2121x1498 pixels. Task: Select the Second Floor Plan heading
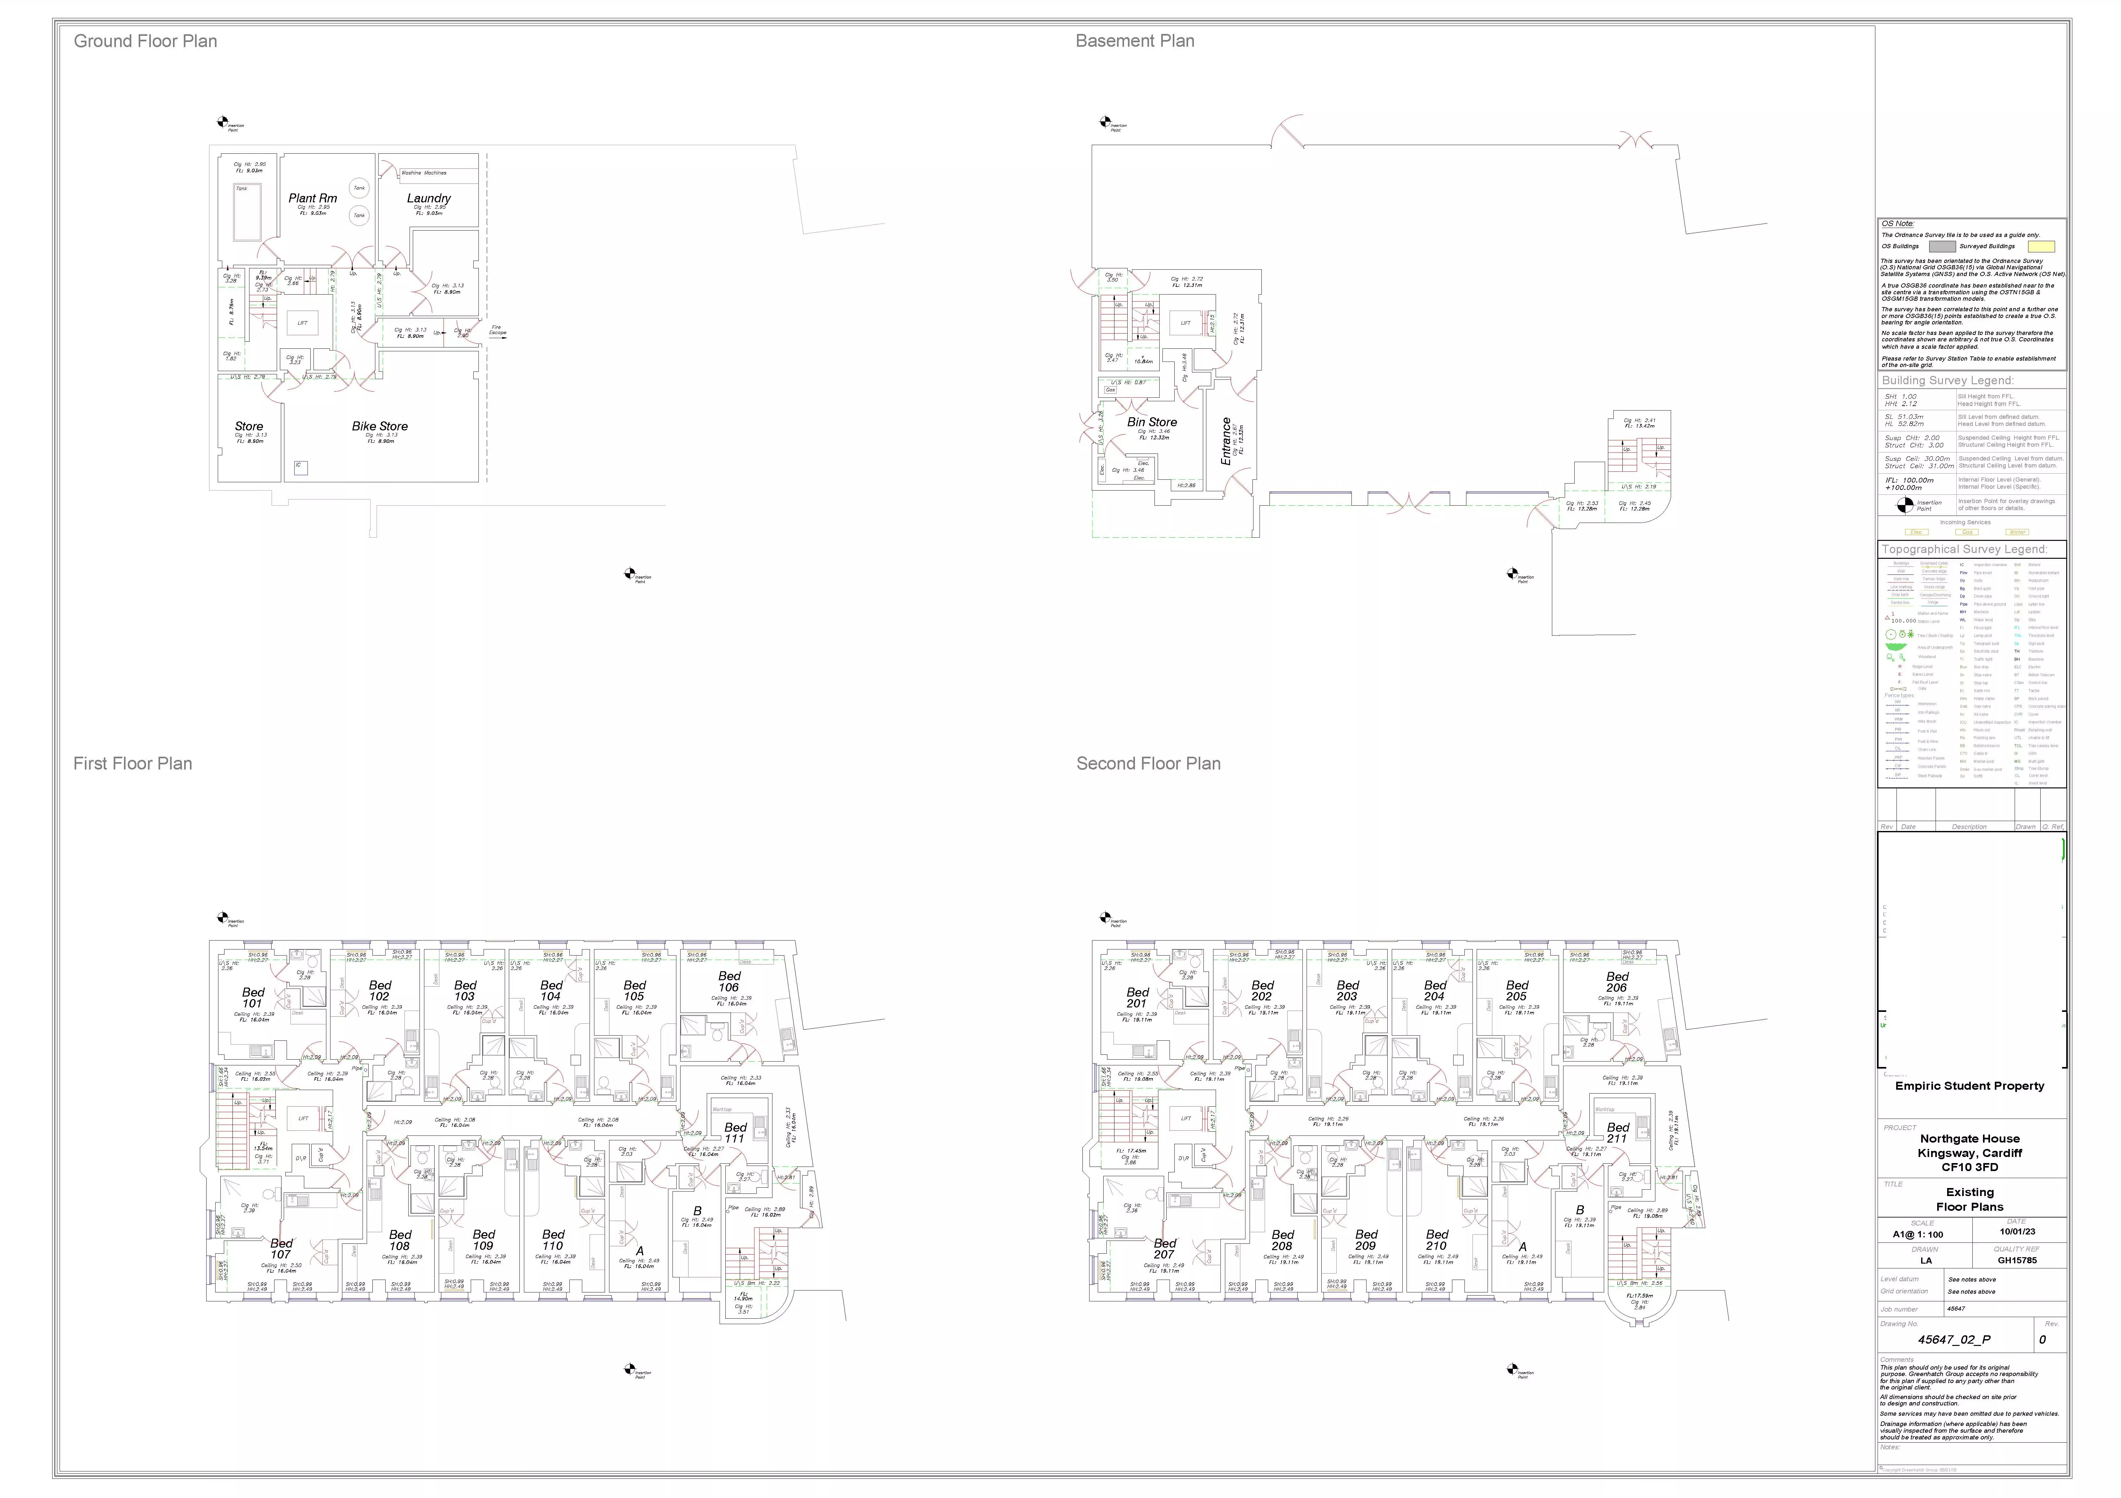[1148, 764]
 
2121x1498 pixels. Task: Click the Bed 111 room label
[735, 1132]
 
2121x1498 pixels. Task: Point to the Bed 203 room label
[1348, 991]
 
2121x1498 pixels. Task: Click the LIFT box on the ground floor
[302, 323]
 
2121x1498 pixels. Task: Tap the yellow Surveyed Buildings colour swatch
[2041, 247]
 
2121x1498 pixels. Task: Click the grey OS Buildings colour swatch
[1942, 247]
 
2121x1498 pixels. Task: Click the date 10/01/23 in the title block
[2018, 1231]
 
